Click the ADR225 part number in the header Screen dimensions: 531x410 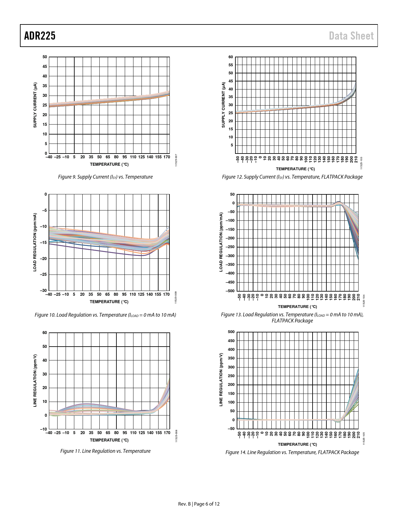(40, 36)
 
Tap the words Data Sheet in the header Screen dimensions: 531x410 (351, 36)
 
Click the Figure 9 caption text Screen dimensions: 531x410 (105, 177)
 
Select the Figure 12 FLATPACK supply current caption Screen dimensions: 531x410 (292, 177)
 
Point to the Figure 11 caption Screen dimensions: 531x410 (105, 451)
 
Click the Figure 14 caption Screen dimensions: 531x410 (292, 452)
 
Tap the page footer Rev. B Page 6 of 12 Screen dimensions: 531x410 (199, 504)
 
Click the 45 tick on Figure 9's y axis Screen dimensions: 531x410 (45, 67)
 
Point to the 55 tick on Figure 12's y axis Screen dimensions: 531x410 (231, 65)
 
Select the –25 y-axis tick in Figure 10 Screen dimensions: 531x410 (43, 275)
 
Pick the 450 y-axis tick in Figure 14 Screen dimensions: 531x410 (231, 341)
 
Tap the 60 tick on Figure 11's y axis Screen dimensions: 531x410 (45, 333)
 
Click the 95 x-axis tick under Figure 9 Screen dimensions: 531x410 (124, 157)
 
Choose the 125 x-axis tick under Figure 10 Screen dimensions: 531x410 (141, 294)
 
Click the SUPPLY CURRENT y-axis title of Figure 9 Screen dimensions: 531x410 (35, 105)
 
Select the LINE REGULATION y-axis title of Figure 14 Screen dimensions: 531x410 (221, 379)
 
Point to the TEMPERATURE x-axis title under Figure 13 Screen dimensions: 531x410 (297, 306)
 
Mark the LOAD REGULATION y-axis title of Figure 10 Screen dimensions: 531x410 (35, 242)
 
